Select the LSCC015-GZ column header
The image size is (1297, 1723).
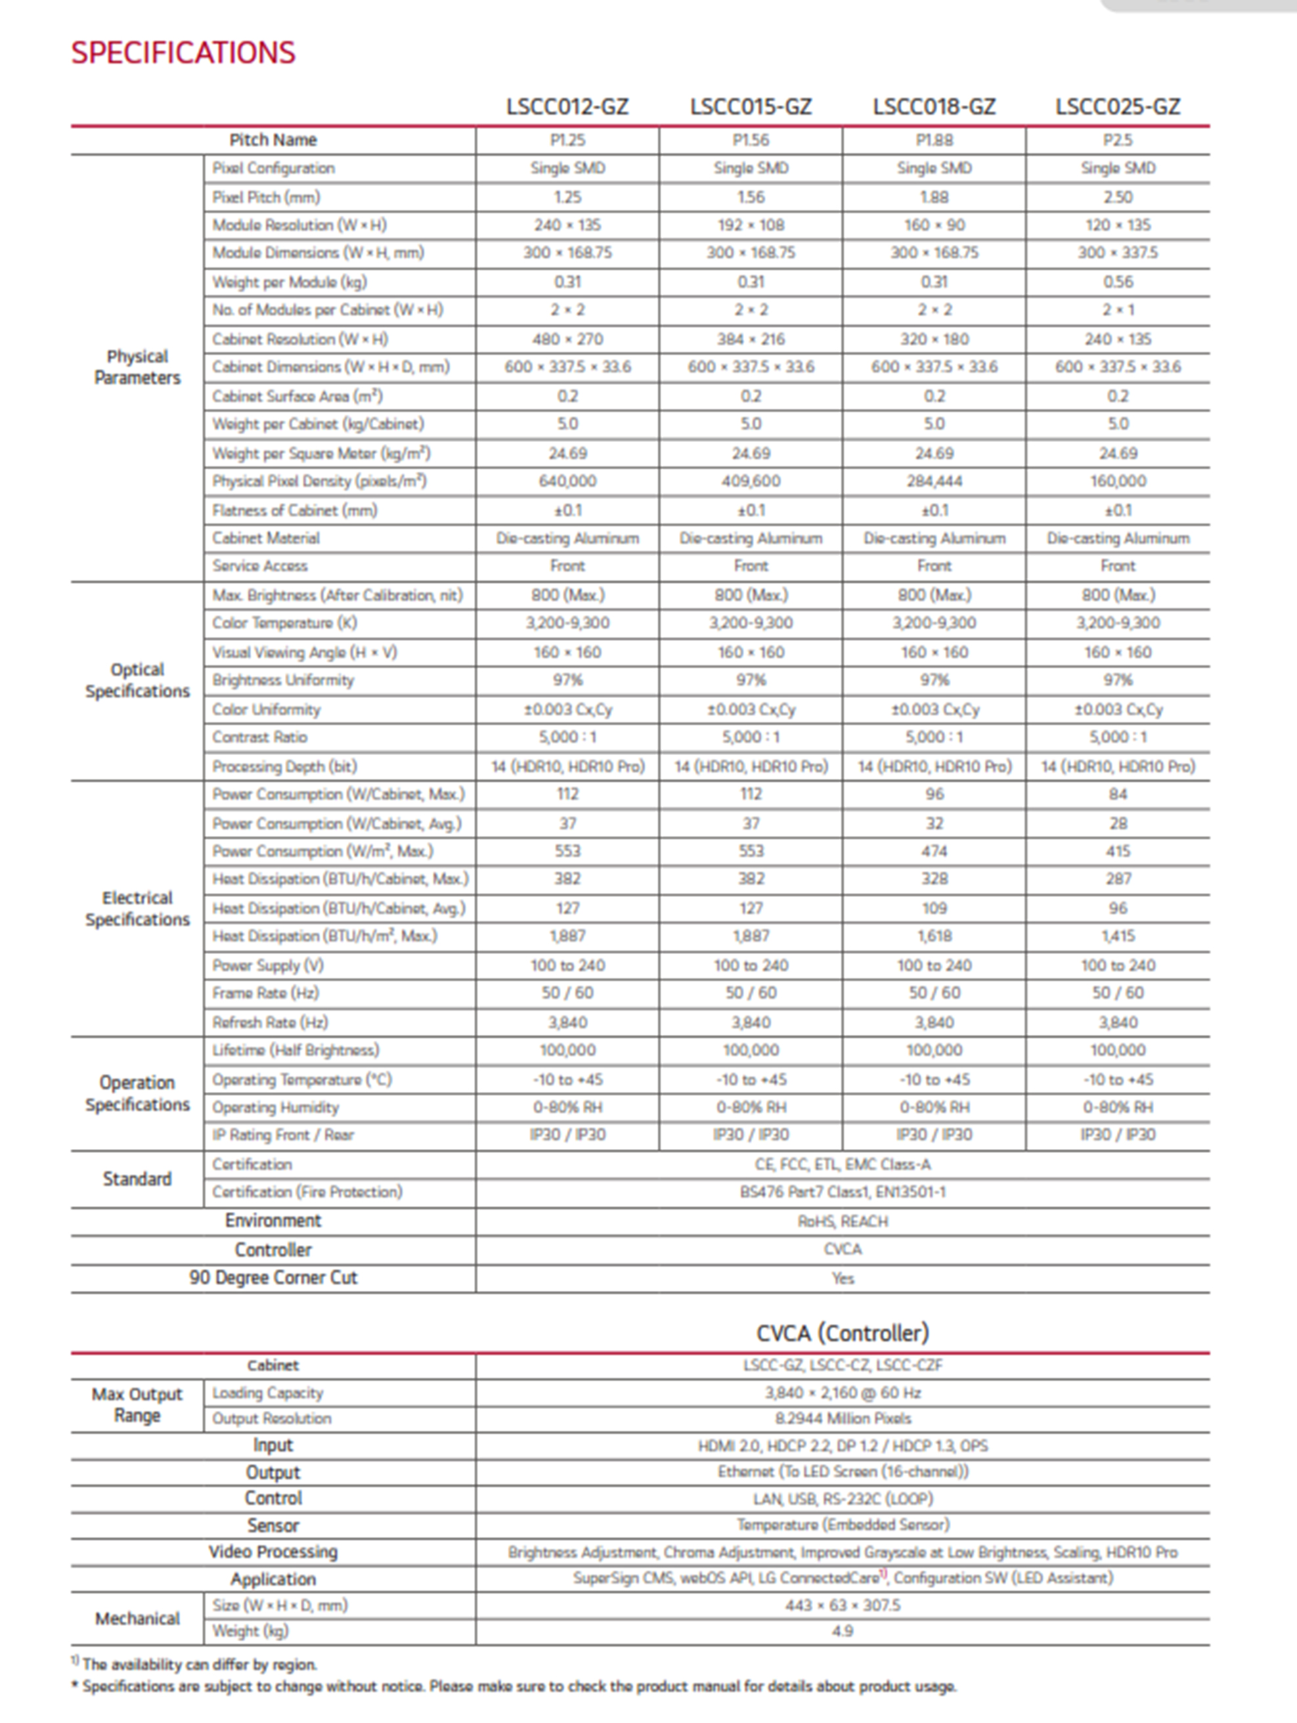[x=750, y=107]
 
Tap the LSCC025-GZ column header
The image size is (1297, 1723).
[x=1117, y=107]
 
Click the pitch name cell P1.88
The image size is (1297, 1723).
[x=934, y=141]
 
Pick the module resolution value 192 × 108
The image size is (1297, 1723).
[x=750, y=225]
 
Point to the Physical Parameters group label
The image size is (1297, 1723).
[x=137, y=367]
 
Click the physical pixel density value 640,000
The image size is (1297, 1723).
[x=567, y=481]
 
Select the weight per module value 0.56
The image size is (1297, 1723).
[x=1117, y=282]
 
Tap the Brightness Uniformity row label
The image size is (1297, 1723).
[x=283, y=680]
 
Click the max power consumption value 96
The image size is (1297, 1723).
[x=934, y=794]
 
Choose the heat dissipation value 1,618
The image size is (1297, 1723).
[x=934, y=936]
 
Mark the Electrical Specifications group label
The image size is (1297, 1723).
[x=137, y=908]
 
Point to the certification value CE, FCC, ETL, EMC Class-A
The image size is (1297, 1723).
[x=842, y=1164]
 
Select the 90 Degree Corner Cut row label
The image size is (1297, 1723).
[x=273, y=1278]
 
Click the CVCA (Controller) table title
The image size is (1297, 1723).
[x=842, y=1333]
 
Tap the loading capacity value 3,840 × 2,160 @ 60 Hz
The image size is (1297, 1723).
[x=842, y=1393]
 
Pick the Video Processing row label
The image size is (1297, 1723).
[x=273, y=1552]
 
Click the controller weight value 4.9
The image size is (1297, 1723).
[x=842, y=1631]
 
